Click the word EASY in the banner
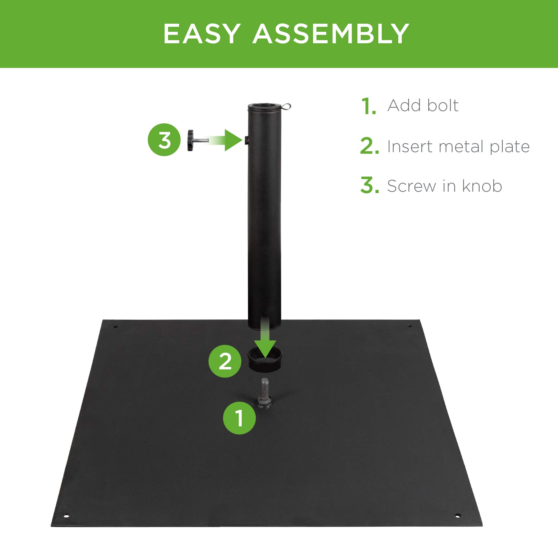(x=202, y=34)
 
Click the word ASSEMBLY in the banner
(x=331, y=34)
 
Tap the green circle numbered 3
(x=164, y=140)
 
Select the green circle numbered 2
(x=225, y=361)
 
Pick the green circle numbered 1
(x=239, y=418)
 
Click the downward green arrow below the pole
(x=265, y=341)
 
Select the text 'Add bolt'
(x=423, y=105)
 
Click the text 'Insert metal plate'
(x=458, y=146)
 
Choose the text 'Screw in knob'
(x=444, y=186)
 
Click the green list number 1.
(x=369, y=106)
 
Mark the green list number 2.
(x=369, y=146)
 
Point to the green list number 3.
(x=369, y=186)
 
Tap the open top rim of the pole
(x=264, y=106)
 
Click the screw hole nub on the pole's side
(x=246, y=140)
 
